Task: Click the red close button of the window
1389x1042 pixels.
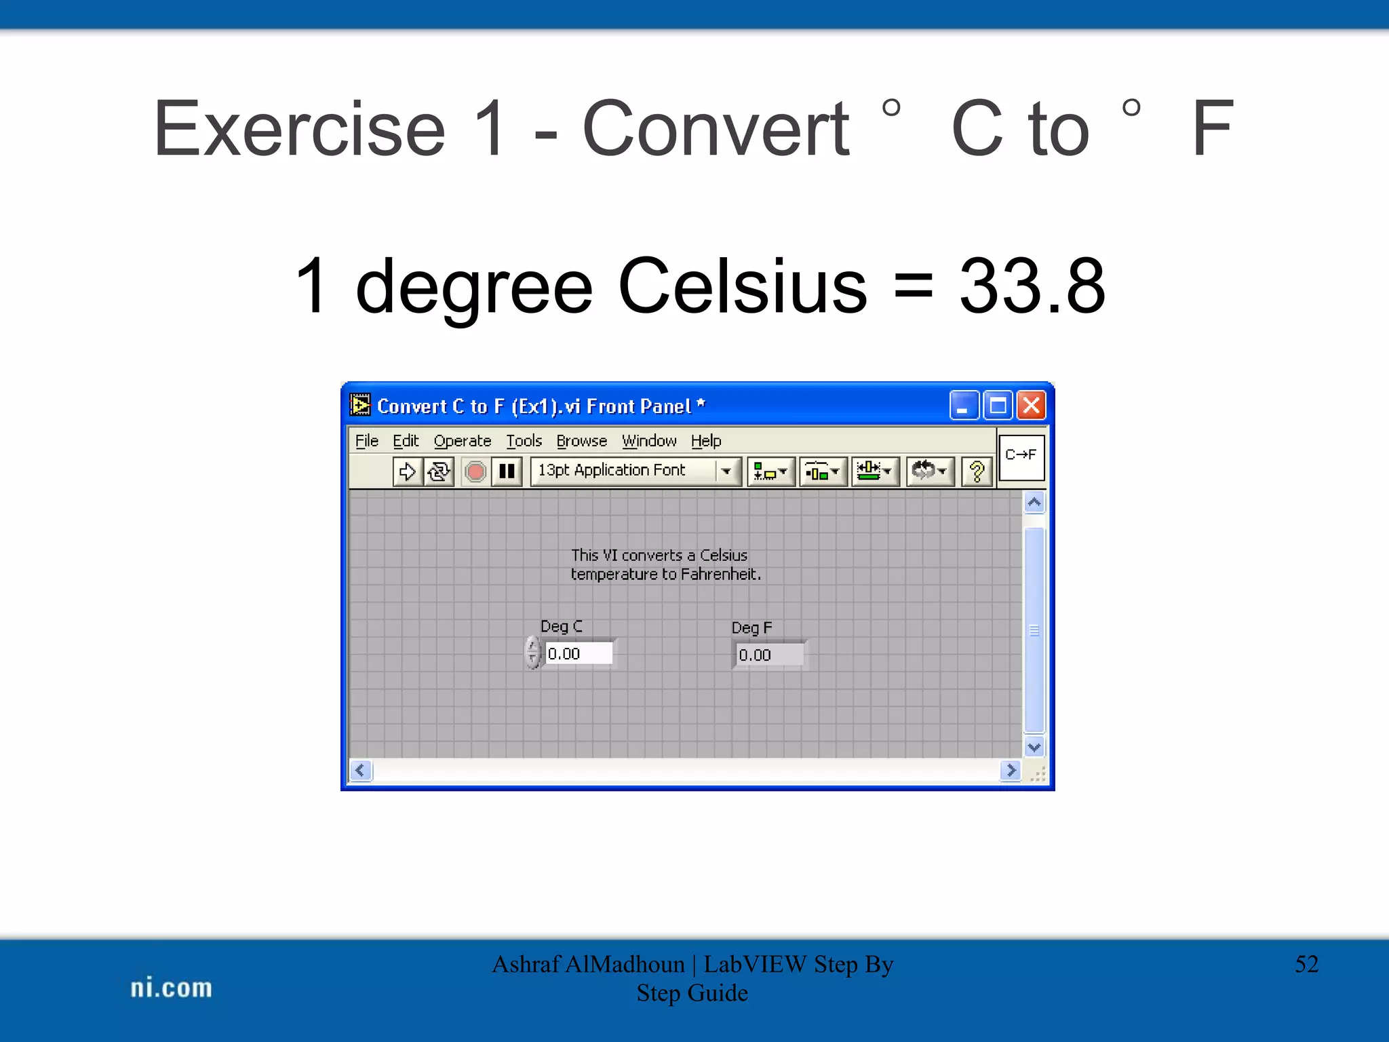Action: pyautogui.click(x=1031, y=406)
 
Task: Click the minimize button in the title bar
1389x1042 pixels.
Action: pyautogui.click(x=963, y=406)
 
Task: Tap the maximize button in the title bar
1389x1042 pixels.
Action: pyautogui.click(x=998, y=406)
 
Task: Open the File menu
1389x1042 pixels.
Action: pyautogui.click(x=366, y=441)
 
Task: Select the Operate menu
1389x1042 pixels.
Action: pyautogui.click(x=462, y=441)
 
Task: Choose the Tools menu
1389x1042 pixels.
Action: pyautogui.click(x=524, y=441)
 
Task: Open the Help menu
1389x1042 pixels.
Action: pyautogui.click(x=705, y=441)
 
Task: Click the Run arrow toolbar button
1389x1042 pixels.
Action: pyautogui.click(x=407, y=471)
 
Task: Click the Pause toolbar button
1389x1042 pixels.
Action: pyautogui.click(x=507, y=471)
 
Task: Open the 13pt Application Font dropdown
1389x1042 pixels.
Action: pyautogui.click(x=726, y=471)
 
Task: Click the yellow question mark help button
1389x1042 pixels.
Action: pyautogui.click(x=977, y=471)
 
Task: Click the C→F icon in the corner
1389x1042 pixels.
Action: pyautogui.click(x=1021, y=455)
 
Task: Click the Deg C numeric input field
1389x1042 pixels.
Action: pyautogui.click(x=578, y=653)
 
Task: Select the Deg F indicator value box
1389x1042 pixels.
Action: pyautogui.click(x=769, y=655)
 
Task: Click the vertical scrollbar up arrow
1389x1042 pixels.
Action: pyautogui.click(x=1034, y=503)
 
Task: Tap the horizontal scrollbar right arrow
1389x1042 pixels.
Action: pyautogui.click(x=1011, y=770)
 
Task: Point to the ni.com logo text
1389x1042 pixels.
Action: pyautogui.click(x=171, y=988)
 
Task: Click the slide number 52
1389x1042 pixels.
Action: pyautogui.click(x=1306, y=964)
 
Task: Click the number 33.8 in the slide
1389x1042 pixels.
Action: pyautogui.click(x=1032, y=286)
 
